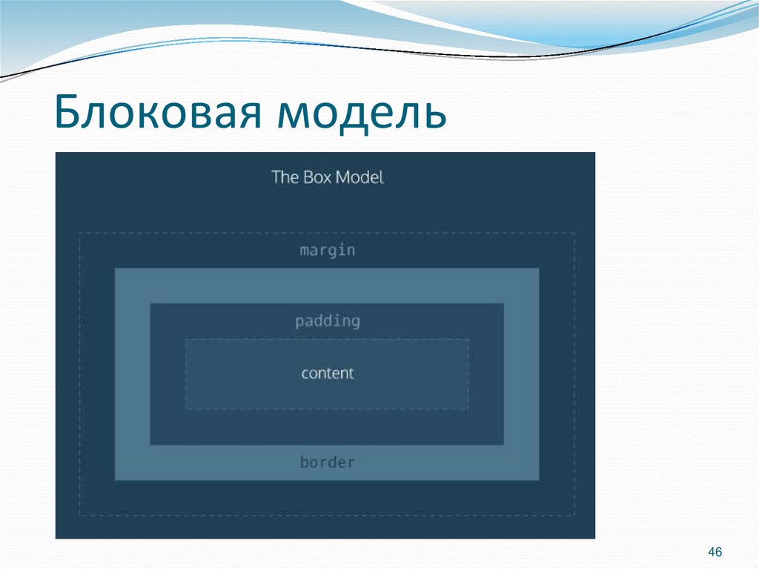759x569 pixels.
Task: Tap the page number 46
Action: pyautogui.click(x=715, y=552)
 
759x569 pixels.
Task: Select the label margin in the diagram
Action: pyautogui.click(x=328, y=251)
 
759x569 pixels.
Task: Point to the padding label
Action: pyautogui.click(x=328, y=322)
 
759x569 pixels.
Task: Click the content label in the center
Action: pyautogui.click(x=328, y=373)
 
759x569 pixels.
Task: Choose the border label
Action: pyautogui.click(x=328, y=462)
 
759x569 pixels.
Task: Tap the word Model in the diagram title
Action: pyautogui.click(x=360, y=177)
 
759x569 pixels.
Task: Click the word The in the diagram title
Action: pyautogui.click(x=284, y=177)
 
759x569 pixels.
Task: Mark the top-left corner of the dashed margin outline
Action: pyautogui.click(x=80, y=233)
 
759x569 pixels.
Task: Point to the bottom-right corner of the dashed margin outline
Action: pyautogui.click(x=575, y=515)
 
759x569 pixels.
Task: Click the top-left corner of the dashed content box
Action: pyautogui.click(x=186, y=340)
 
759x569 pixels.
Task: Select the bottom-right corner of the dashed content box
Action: pyautogui.click(x=468, y=409)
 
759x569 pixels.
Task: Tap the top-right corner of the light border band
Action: pyautogui.click(x=538, y=269)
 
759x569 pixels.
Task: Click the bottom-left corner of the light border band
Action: pyautogui.click(x=116, y=479)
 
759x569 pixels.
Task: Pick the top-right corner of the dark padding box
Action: pyautogui.click(x=503, y=304)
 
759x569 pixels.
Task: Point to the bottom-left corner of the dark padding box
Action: pyautogui.click(x=150, y=444)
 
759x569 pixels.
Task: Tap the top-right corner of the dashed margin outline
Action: pyautogui.click(x=575, y=233)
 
